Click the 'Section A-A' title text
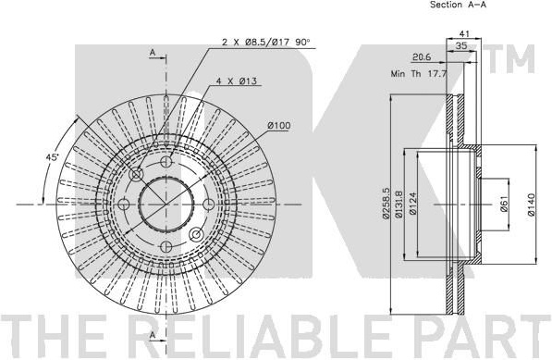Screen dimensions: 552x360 [x=459, y=5]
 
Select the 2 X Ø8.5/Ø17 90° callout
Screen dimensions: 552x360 [x=265, y=43]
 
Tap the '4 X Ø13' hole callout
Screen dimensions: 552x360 [x=237, y=81]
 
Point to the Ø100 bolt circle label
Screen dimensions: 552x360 [x=279, y=126]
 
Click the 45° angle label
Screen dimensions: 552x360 [x=52, y=157]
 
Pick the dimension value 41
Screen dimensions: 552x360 [x=465, y=34]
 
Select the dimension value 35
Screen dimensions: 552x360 [x=461, y=45]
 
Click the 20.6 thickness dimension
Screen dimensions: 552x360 [x=422, y=57]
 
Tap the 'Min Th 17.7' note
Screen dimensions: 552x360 [x=419, y=74]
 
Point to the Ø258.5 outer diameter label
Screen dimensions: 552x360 [x=386, y=204]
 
